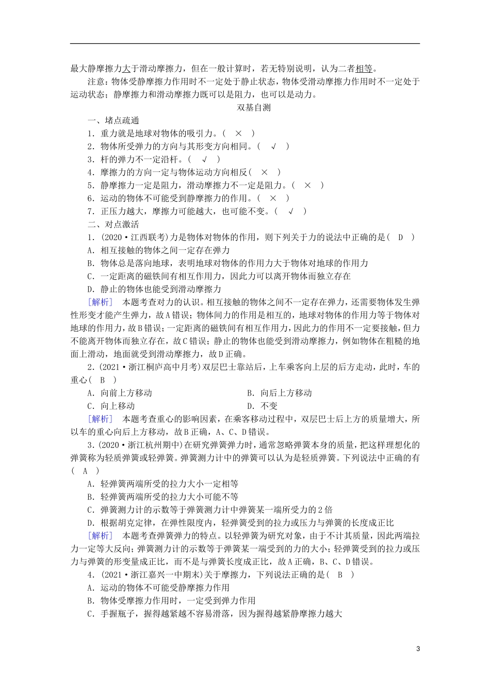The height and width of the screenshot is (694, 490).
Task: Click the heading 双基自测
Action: (253, 107)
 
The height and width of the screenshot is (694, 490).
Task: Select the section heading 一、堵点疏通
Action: (113, 120)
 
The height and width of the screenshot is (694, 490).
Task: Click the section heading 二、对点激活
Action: (113, 224)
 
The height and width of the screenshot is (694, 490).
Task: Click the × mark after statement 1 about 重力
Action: (238, 133)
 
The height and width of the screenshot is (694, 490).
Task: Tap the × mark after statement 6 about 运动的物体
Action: (273, 198)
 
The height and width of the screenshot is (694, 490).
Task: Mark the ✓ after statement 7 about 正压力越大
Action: (291, 211)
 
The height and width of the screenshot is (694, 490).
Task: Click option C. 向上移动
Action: (111, 406)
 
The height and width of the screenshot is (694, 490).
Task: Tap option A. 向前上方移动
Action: (120, 393)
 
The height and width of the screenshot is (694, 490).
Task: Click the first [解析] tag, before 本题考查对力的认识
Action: (100, 302)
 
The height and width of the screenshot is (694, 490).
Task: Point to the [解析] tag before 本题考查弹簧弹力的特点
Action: (100, 535)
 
